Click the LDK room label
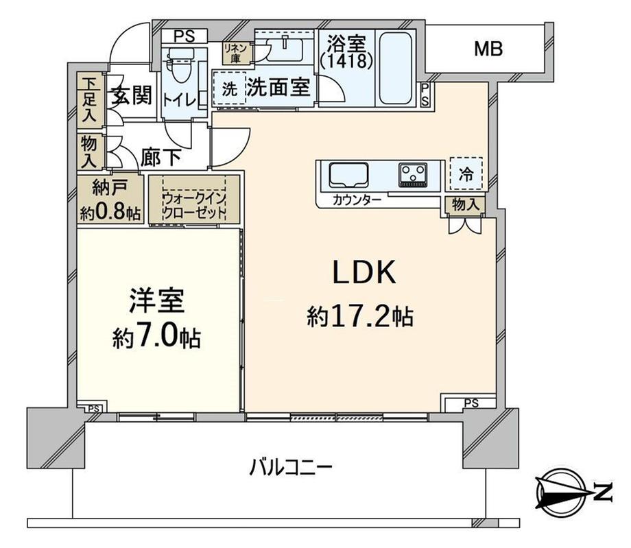coord(364,273)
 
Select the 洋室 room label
coord(157,302)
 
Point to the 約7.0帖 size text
coord(157,336)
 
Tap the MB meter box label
coord(489,49)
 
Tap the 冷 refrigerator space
coord(466,174)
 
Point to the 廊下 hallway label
coord(161,157)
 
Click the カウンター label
coord(353,200)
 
